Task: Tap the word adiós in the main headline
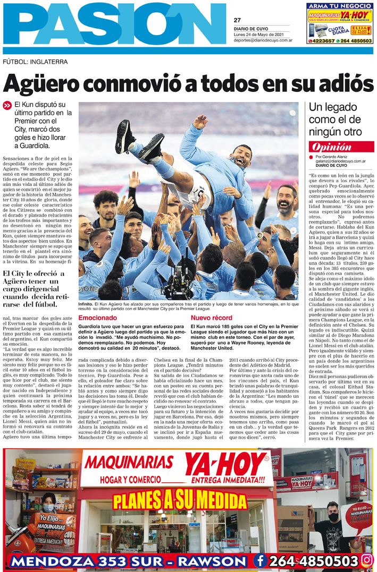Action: [x=341, y=84]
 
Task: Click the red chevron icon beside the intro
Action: [x=7, y=106]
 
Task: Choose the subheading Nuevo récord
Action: [x=211, y=318]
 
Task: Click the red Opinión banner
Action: [x=332, y=147]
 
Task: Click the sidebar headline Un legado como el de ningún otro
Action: [x=335, y=119]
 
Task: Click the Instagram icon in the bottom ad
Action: [x=367, y=560]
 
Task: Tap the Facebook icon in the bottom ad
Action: [x=260, y=560]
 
